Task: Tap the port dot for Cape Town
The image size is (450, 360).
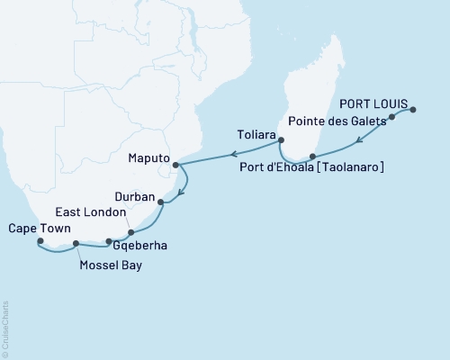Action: (x=40, y=241)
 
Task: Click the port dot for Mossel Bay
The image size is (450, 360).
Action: (x=76, y=244)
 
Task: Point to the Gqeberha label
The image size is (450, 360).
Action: (x=142, y=245)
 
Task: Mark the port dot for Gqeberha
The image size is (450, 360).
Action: (x=109, y=241)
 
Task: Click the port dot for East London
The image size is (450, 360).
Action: (x=131, y=233)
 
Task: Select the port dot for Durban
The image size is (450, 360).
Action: (x=161, y=202)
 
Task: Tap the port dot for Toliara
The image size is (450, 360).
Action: (x=281, y=139)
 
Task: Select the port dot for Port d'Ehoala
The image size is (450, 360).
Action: (x=312, y=156)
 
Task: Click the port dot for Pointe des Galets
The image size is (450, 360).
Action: (x=391, y=118)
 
